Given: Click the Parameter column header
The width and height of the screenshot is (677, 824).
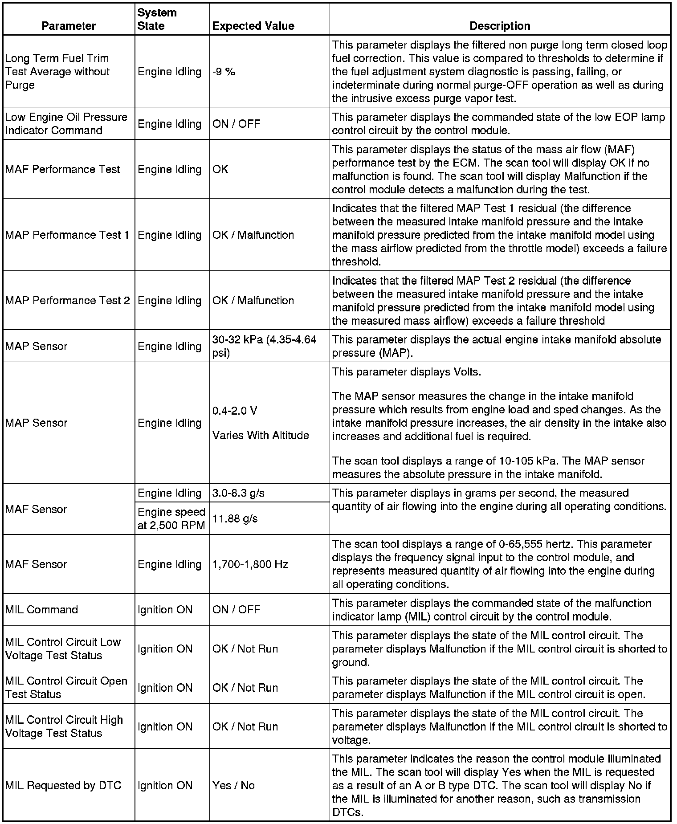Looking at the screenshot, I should (x=69, y=26).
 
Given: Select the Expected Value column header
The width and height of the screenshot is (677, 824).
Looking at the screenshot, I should (x=253, y=26).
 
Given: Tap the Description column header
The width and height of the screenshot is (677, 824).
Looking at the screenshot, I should (x=500, y=26).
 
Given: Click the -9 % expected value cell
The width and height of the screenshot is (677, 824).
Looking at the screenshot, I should (x=224, y=72).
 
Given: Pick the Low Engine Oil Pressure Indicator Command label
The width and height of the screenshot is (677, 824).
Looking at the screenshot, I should (x=66, y=123).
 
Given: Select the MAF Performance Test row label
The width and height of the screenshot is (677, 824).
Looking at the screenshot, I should (x=63, y=169).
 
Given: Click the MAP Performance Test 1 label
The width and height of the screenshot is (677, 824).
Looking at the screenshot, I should (x=67, y=235).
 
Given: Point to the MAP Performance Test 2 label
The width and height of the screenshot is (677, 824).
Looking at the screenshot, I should (x=67, y=301).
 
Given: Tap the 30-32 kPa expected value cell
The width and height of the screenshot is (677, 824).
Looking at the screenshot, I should (x=264, y=346).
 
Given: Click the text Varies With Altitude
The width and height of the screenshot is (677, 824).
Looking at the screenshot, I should (x=261, y=435).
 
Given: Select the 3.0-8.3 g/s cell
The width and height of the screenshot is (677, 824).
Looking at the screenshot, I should (x=238, y=493).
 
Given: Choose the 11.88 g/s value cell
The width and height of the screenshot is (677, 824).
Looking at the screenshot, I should (x=235, y=518).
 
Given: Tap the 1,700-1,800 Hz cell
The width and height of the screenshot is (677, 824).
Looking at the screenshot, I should (x=250, y=564).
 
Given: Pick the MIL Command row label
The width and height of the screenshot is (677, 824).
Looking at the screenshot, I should (x=41, y=609).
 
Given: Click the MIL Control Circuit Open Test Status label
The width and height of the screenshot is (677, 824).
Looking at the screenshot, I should (x=66, y=687).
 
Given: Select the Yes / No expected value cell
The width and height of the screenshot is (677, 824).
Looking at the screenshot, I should (x=233, y=785).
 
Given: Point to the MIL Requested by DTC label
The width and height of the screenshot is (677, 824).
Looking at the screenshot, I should (x=63, y=785).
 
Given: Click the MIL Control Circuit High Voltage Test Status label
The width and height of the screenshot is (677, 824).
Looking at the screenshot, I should (x=64, y=726).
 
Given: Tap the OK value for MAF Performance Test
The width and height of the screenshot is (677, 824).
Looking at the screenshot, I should (x=220, y=169).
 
